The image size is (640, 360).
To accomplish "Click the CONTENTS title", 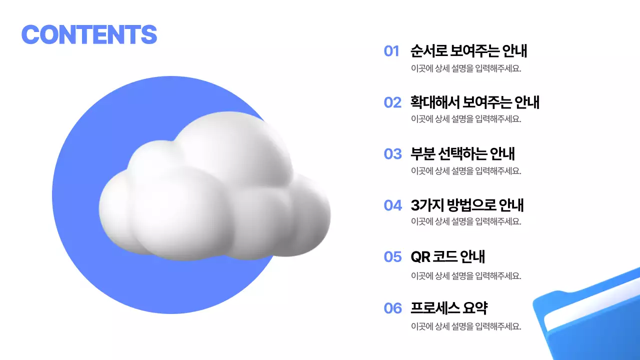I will (89, 34).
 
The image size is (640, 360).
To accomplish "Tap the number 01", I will (391, 51).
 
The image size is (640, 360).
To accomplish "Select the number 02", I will (392, 102).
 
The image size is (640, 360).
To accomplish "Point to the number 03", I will (392, 154).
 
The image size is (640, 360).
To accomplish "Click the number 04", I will (392, 205).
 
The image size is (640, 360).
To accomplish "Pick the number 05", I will (392, 257).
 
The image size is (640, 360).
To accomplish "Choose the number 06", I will (392, 308).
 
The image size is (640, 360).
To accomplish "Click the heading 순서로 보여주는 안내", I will (468, 51).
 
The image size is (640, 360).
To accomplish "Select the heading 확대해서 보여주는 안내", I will (474, 102).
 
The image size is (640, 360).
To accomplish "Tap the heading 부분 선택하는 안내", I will (462, 153).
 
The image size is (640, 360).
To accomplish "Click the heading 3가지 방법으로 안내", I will (467, 205).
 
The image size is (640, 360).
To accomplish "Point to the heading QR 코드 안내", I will (447, 257).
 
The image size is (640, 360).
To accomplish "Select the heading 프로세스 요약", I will (448, 308).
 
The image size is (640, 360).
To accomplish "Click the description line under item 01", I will (465, 69).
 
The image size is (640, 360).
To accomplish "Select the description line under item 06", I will (465, 326).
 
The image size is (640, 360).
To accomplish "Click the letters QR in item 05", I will (420, 257).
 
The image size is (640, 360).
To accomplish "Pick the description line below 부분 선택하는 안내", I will (465, 170).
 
